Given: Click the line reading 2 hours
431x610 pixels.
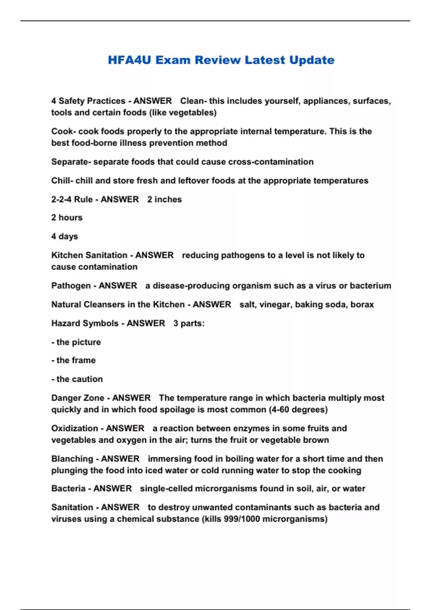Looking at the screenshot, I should [67, 218].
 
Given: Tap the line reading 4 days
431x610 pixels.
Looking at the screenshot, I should [65, 236].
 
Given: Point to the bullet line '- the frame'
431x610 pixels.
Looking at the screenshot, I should [74, 360].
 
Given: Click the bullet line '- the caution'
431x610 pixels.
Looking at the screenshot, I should [77, 379].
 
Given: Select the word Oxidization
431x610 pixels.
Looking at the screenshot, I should [74, 428].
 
